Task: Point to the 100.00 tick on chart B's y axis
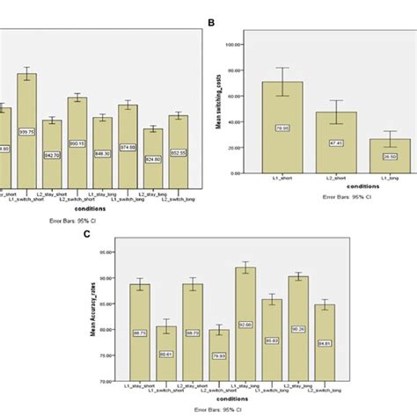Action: click(234, 43)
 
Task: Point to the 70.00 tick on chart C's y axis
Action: click(114, 381)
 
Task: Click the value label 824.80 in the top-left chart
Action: click(153, 158)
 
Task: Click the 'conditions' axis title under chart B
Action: click(336, 185)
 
